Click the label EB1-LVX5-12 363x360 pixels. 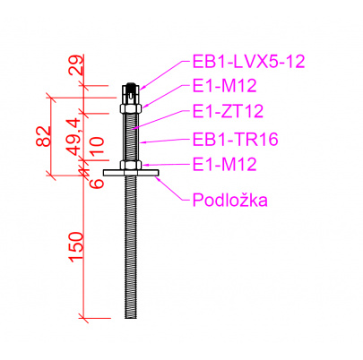click(248, 61)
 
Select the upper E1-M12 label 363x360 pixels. click(224, 86)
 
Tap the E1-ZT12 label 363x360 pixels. click(228, 111)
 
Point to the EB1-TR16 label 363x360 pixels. click(236, 139)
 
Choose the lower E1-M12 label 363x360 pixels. click(224, 164)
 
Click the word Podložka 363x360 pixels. click(229, 200)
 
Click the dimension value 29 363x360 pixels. click(77, 64)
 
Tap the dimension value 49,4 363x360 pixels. click(73, 137)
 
